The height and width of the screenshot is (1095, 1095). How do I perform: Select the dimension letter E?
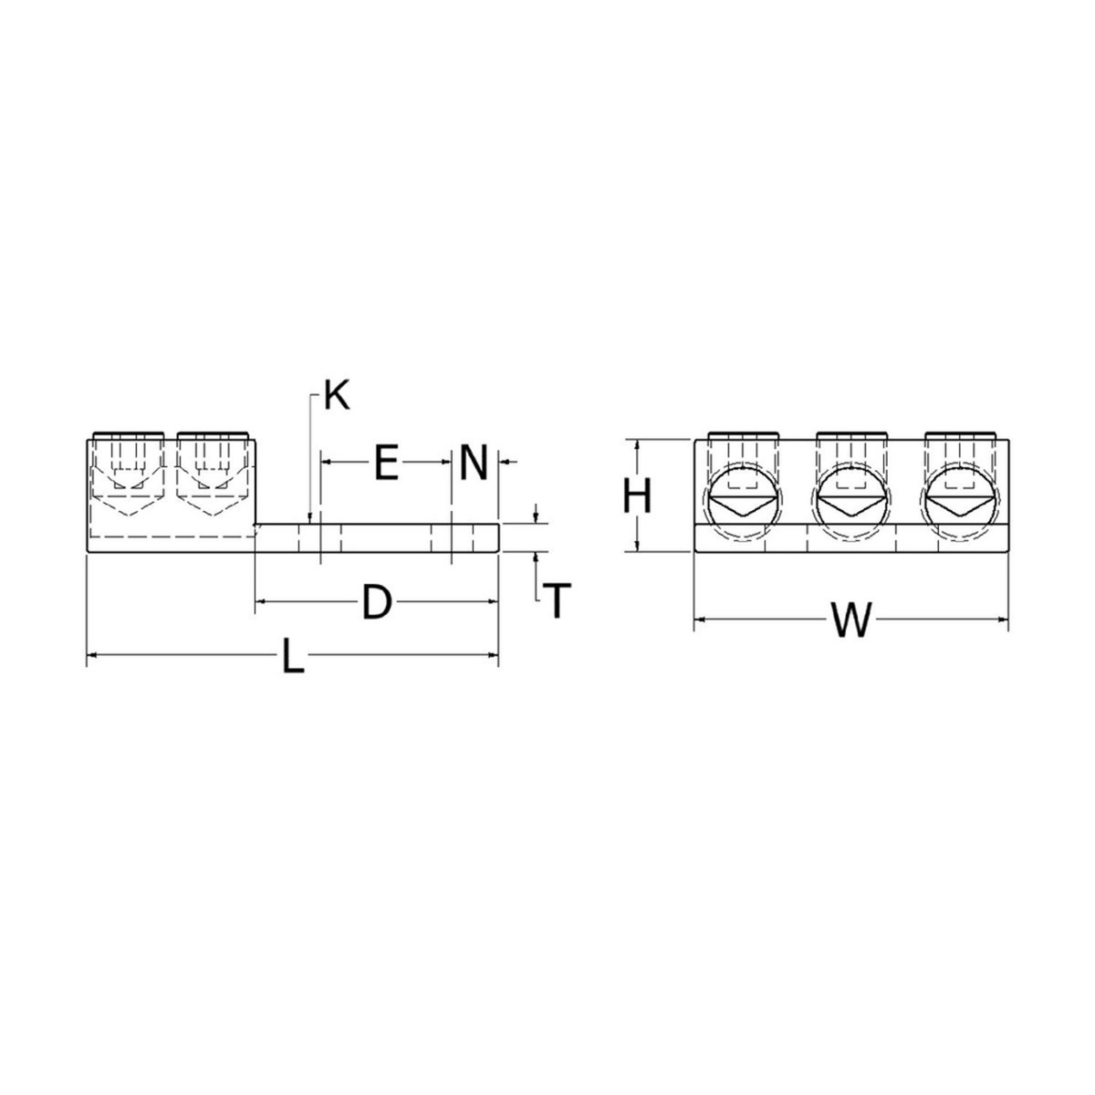coord(386,463)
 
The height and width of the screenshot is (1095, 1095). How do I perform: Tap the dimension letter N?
coord(474,463)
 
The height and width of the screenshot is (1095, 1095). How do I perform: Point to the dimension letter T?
coord(557,601)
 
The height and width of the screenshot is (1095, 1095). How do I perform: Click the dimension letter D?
coord(376,603)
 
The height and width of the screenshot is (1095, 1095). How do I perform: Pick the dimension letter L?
coord(292,656)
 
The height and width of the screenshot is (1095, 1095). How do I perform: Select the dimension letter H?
coord(637,497)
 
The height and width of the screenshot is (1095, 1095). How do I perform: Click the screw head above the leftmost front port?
coord(742,435)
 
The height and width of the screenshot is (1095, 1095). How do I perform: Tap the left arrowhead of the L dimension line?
coord(91,654)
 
